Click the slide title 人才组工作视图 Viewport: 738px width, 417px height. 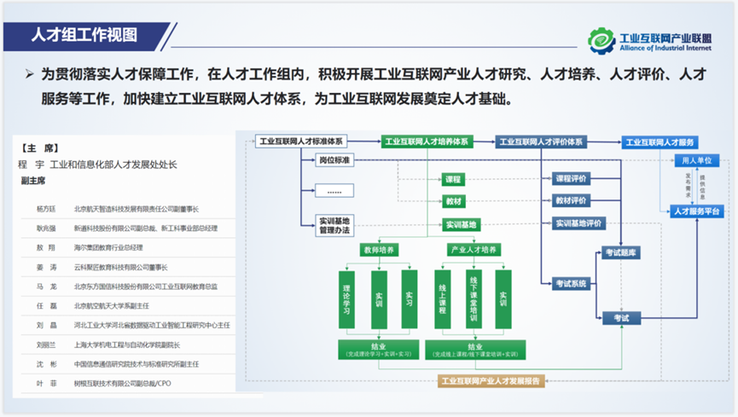pos(84,36)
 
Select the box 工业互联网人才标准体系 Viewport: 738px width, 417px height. pos(301,142)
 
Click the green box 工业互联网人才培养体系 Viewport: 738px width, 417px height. pos(427,142)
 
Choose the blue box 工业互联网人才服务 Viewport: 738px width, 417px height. pos(660,142)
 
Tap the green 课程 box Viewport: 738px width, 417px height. pos(453,180)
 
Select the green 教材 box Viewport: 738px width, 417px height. pos(453,202)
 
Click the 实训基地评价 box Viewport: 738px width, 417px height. pos(578,223)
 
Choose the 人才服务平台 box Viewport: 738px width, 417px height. pos(696,211)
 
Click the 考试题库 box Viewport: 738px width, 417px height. pos(621,252)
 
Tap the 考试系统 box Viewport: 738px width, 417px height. pos(572,284)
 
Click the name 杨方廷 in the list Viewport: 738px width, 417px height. pos(45,209)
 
